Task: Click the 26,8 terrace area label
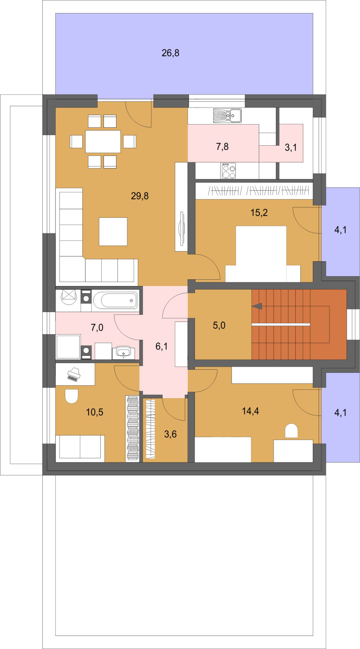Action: click(x=171, y=53)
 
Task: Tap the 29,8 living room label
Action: click(x=139, y=196)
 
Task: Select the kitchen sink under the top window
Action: click(x=227, y=116)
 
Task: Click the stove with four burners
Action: click(x=229, y=170)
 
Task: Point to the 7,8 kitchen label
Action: click(x=222, y=147)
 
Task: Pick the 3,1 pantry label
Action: click(x=291, y=148)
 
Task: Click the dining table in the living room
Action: click(x=103, y=141)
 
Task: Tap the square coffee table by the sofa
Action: click(x=113, y=232)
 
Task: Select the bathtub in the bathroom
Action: click(x=115, y=300)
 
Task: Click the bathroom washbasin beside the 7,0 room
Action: click(x=123, y=352)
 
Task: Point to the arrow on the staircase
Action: click(x=257, y=306)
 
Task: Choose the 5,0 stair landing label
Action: click(x=219, y=325)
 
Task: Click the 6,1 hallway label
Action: click(x=162, y=346)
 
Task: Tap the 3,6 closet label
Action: click(x=171, y=434)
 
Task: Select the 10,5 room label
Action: click(x=94, y=412)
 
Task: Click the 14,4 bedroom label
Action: click(x=251, y=411)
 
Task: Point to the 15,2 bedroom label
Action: click(x=259, y=213)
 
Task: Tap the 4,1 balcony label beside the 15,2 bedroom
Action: click(x=341, y=230)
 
